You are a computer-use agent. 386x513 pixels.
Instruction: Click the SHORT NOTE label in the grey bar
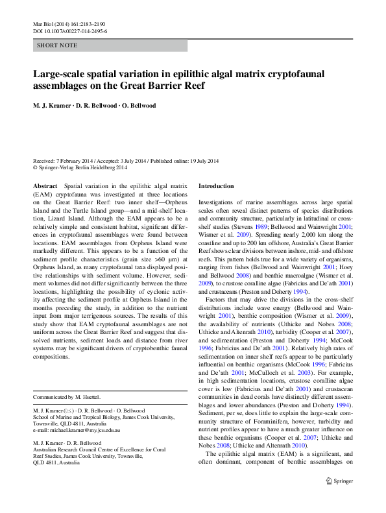pyautogui.click(x=57, y=45)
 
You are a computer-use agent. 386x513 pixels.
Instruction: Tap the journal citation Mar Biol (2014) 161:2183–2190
pyautogui.click(x=69, y=24)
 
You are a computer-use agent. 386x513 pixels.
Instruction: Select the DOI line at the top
pyautogui.click(x=69, y=31)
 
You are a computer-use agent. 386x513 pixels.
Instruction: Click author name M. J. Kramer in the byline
pyautogui.click(x=53, y=106)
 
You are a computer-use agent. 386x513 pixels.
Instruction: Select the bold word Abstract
pyautogui.click(x=45, y=186)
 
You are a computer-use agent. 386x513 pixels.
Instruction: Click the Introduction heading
pyautogui.click(x=216, y=186)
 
